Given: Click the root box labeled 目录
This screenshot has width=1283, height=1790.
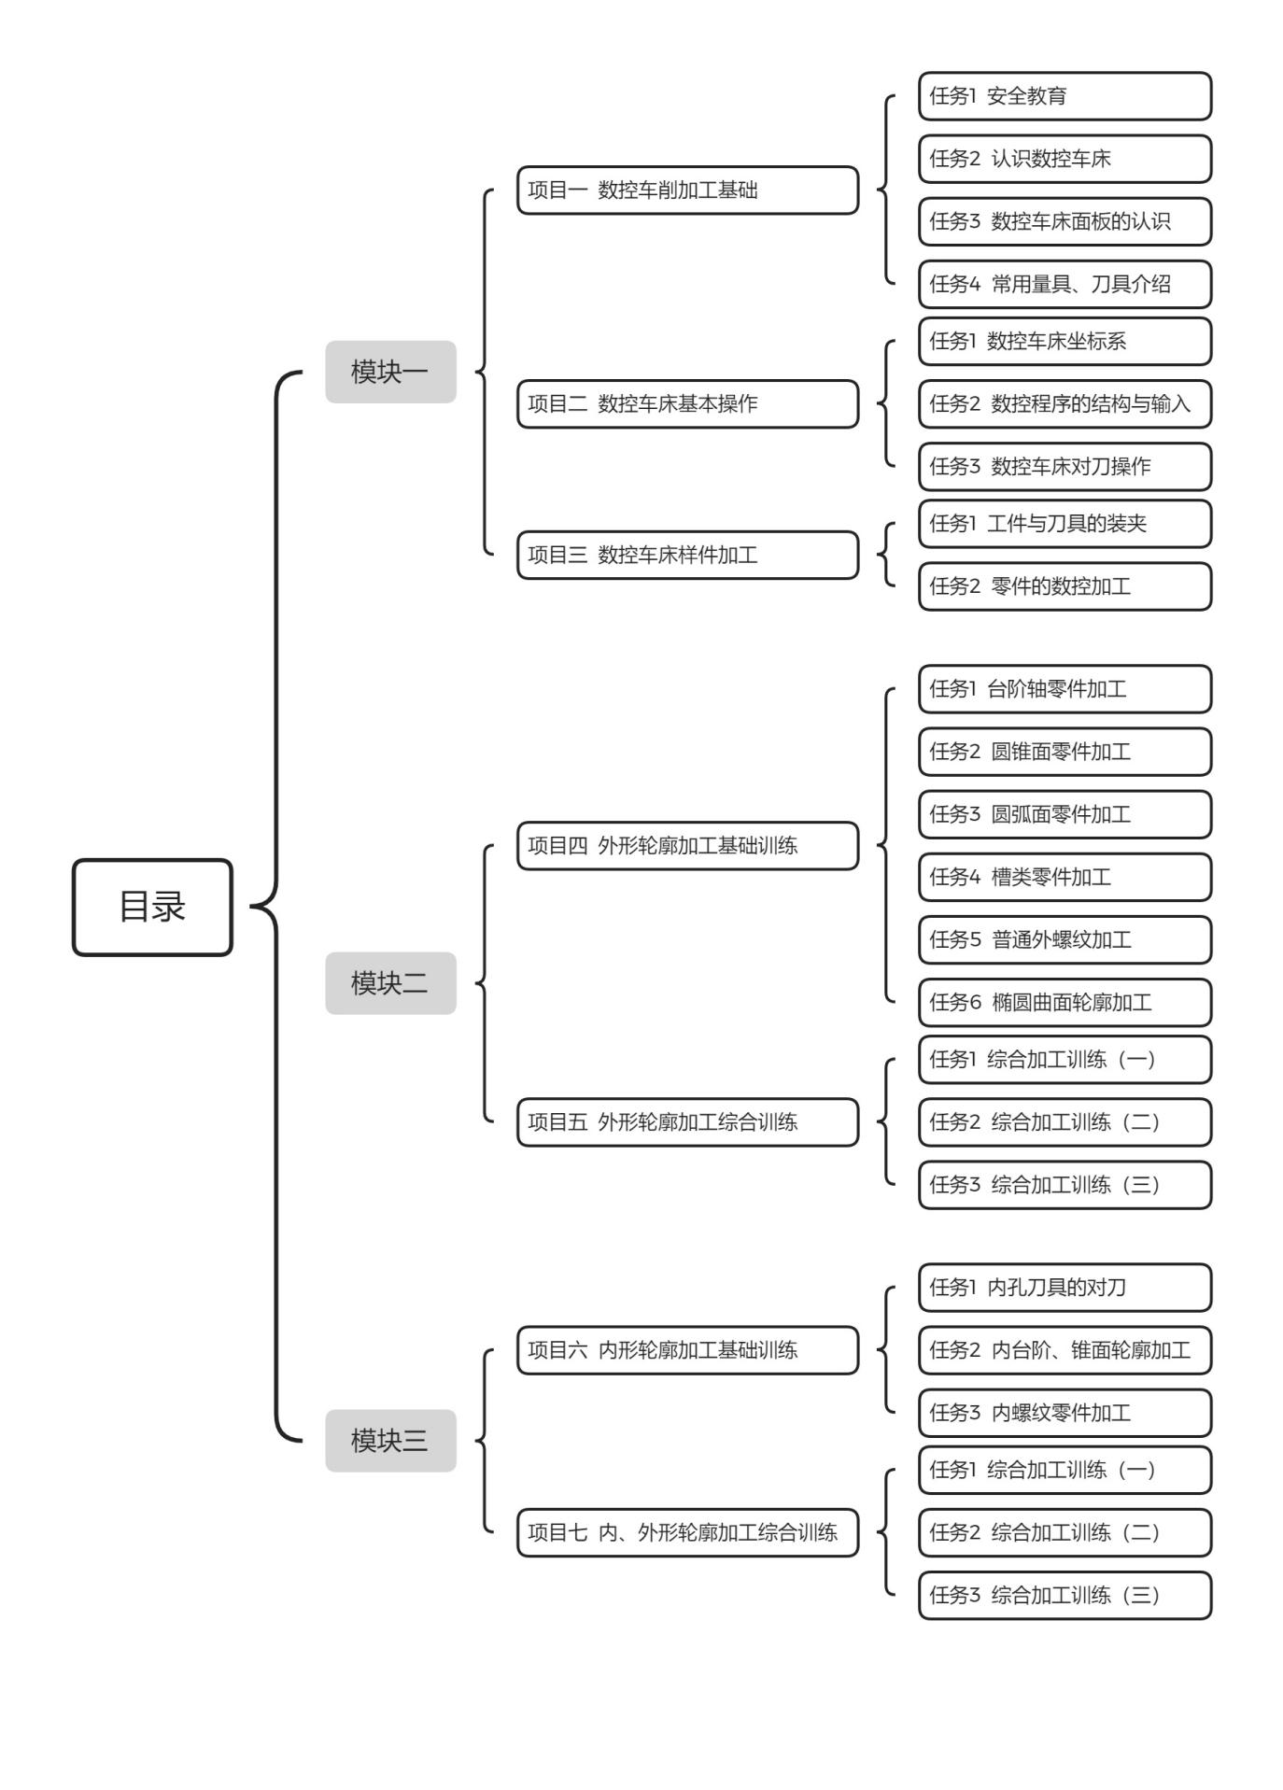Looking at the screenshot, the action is pos(152,907).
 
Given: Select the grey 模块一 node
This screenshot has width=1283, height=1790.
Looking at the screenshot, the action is pos(390,372).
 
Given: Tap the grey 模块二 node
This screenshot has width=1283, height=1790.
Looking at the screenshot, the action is pos(390,983).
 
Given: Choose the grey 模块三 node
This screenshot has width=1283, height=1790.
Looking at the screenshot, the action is pos(390,1441).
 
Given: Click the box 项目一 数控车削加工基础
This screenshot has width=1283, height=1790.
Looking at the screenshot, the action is pos(688,190).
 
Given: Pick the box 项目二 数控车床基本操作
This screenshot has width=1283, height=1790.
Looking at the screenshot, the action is pos(688,404).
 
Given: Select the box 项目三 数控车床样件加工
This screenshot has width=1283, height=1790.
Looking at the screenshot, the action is pos(688,556).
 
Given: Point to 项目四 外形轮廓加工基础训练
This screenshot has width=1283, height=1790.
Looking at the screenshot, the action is pos(688,846).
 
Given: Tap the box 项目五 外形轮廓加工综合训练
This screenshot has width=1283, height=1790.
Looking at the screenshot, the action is pos(688,1122).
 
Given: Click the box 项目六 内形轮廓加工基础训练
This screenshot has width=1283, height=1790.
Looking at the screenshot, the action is pos(688,1350).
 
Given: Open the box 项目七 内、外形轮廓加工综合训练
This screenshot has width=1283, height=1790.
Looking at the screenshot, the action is pos(688,1532).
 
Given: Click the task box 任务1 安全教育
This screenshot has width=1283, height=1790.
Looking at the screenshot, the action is pos(1065,96).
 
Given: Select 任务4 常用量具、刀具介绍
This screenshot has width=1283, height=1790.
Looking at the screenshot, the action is pos(1065,284).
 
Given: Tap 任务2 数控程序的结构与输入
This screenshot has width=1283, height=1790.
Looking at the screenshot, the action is pos(1065,404).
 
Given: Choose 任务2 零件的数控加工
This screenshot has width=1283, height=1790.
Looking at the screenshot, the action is pos(1065,586).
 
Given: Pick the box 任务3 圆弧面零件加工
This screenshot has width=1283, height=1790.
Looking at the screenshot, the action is pos(1065,814).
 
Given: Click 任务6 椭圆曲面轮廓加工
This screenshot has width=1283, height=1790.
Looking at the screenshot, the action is pos(1065,1003).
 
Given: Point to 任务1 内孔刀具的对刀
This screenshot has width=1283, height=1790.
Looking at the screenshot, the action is pos(1065,1288).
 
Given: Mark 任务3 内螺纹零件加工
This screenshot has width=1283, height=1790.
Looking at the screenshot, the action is pos(1065,1413).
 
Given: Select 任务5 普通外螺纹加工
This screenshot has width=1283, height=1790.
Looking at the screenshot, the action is pos(1065,939).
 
